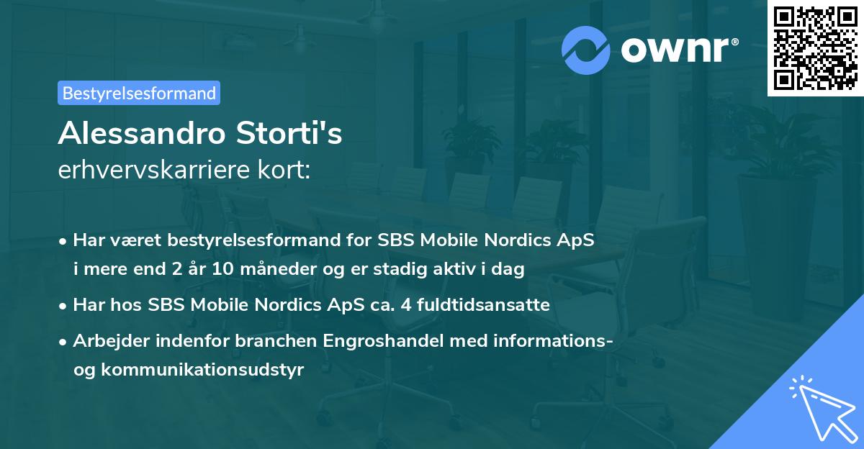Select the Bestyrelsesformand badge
[x=139, y=93]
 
